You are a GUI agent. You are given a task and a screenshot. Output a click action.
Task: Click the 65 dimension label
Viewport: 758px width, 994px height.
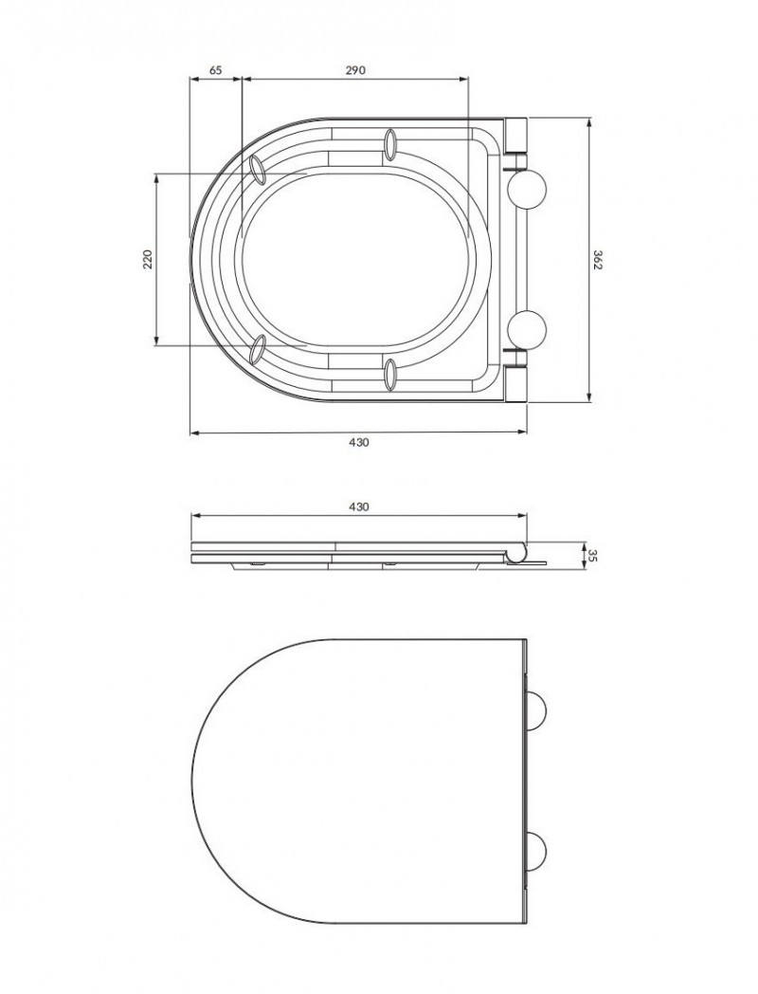pyautogui.click(x=215, y=70)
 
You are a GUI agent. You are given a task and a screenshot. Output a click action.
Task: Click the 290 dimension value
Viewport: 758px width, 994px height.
pyautogui.click(x=355, y=70)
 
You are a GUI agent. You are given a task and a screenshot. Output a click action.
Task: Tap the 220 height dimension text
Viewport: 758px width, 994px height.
pyautogui.click(x=148, y=259)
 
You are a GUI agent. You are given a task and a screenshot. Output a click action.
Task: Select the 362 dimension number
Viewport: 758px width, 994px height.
pyautogui.click(x=597, y=259)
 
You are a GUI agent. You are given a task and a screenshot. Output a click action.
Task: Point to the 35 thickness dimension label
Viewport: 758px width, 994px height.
pyautogui.click(x=593, y=555)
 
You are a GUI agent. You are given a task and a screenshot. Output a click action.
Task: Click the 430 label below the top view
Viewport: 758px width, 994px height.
pyautogui.click(x=358, y=443)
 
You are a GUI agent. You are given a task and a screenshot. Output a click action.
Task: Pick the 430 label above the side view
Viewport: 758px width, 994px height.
pyautogui.click(x=358, y=507)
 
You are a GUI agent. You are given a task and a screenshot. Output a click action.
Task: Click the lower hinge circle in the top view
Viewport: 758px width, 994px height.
pyautogui.click(x=527, y=329)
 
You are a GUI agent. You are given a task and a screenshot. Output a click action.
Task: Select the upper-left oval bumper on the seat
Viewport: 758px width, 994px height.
pyautogui.click(x=258, y=169)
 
